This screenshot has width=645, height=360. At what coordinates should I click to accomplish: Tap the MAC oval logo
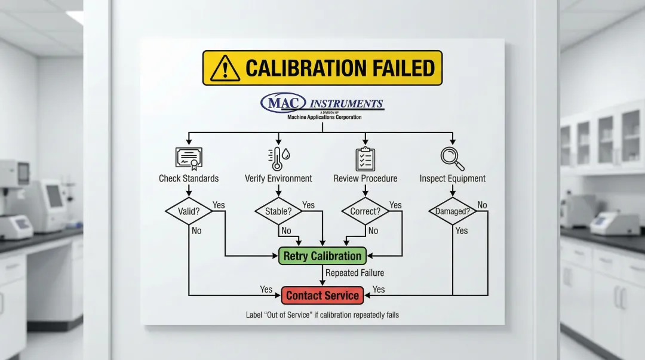tap(283, 103)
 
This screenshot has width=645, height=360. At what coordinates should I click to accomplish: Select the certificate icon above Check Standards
tap(189, 157)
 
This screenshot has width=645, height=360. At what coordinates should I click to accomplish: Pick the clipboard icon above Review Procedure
tap(365, 158)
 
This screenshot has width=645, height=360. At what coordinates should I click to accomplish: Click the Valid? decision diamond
tap(189, 211)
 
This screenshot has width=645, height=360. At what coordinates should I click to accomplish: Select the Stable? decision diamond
tap(278, 211)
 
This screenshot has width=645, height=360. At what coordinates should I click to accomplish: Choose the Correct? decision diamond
tap(365, 211)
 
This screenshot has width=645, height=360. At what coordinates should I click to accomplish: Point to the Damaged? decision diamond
tap(452, 211)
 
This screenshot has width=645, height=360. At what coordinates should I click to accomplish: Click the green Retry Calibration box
tap(322, 256)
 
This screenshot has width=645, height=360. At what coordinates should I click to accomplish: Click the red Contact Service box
tap(322, 295)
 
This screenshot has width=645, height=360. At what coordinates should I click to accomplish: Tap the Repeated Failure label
tap(355, 273)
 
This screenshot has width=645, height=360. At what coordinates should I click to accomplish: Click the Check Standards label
tap(189, 179)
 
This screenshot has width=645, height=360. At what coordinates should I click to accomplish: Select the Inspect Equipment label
tap(452, 179)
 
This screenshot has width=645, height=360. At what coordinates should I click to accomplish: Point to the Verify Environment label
tap(278, 179)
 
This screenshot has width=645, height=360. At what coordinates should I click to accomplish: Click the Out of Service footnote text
tap(322, 315)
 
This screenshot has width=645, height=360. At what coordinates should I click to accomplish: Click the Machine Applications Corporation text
tap(324, 117)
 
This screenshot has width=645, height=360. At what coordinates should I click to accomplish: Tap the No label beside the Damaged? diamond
tap(482, 205)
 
